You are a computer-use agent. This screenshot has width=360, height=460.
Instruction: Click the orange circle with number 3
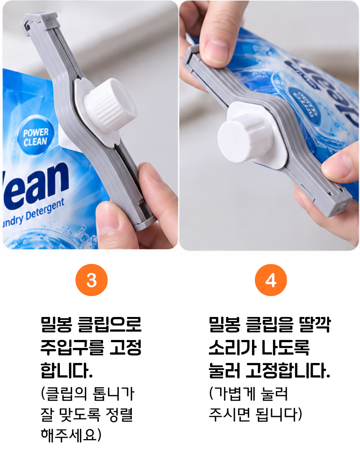click(x=92, y=280)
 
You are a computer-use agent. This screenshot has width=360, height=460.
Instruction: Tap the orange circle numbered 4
click(x=271, y=280)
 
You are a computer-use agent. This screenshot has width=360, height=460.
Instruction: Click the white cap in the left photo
click(x=110, y=104)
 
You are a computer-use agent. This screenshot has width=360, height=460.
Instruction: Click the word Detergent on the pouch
click(x=45, y=211)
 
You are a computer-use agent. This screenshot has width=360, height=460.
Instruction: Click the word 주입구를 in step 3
click(x=72, y=347)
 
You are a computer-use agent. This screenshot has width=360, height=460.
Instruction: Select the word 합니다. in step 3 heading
click(x=67, y=370)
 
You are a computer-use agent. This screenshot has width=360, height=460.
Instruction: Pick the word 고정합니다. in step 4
click(x=288, y=370)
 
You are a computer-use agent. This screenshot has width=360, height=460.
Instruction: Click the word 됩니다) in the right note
click(x=279, y=414)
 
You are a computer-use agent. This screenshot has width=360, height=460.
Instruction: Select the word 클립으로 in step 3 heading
click(x=110, y=324)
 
